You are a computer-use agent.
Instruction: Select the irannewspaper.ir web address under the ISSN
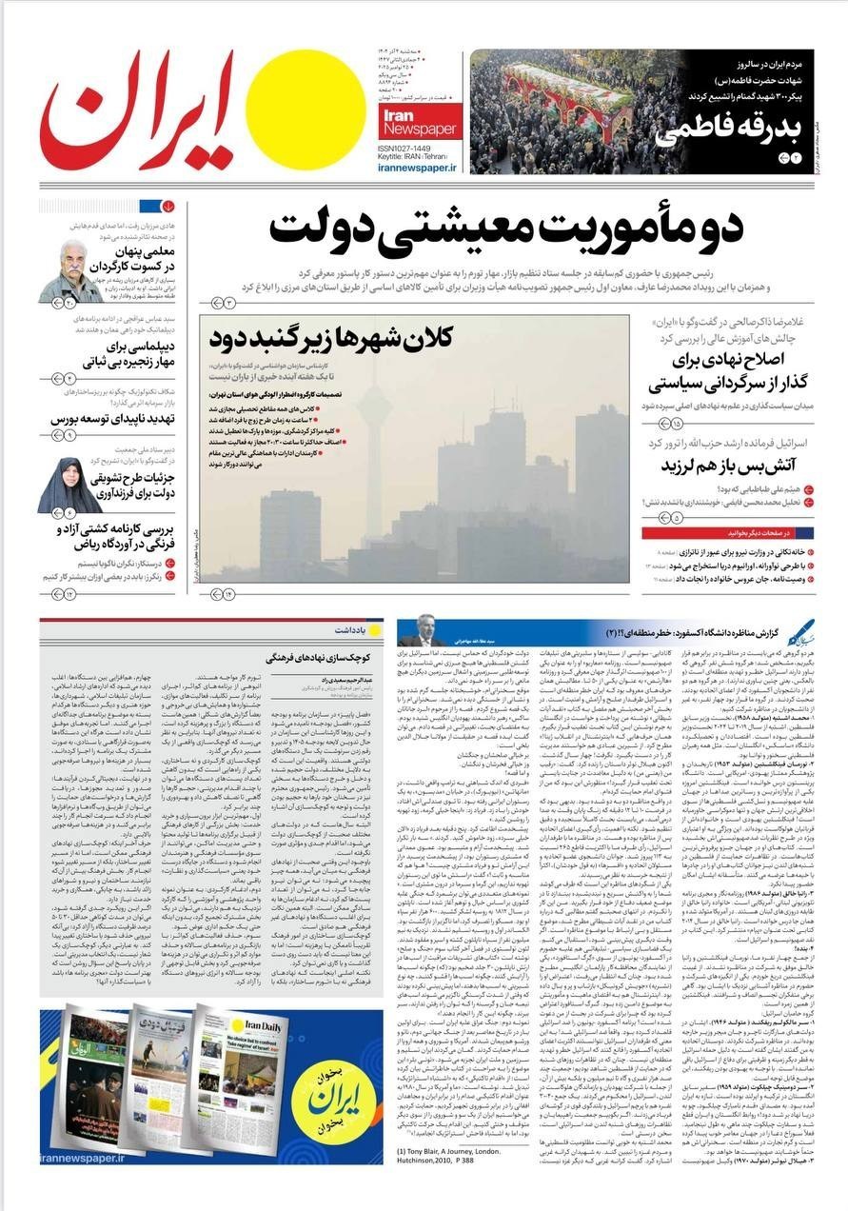(x=417, y=167)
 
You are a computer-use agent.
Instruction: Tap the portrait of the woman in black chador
(x=69, y=486)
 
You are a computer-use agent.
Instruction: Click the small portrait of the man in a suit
(x=419, y=631)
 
